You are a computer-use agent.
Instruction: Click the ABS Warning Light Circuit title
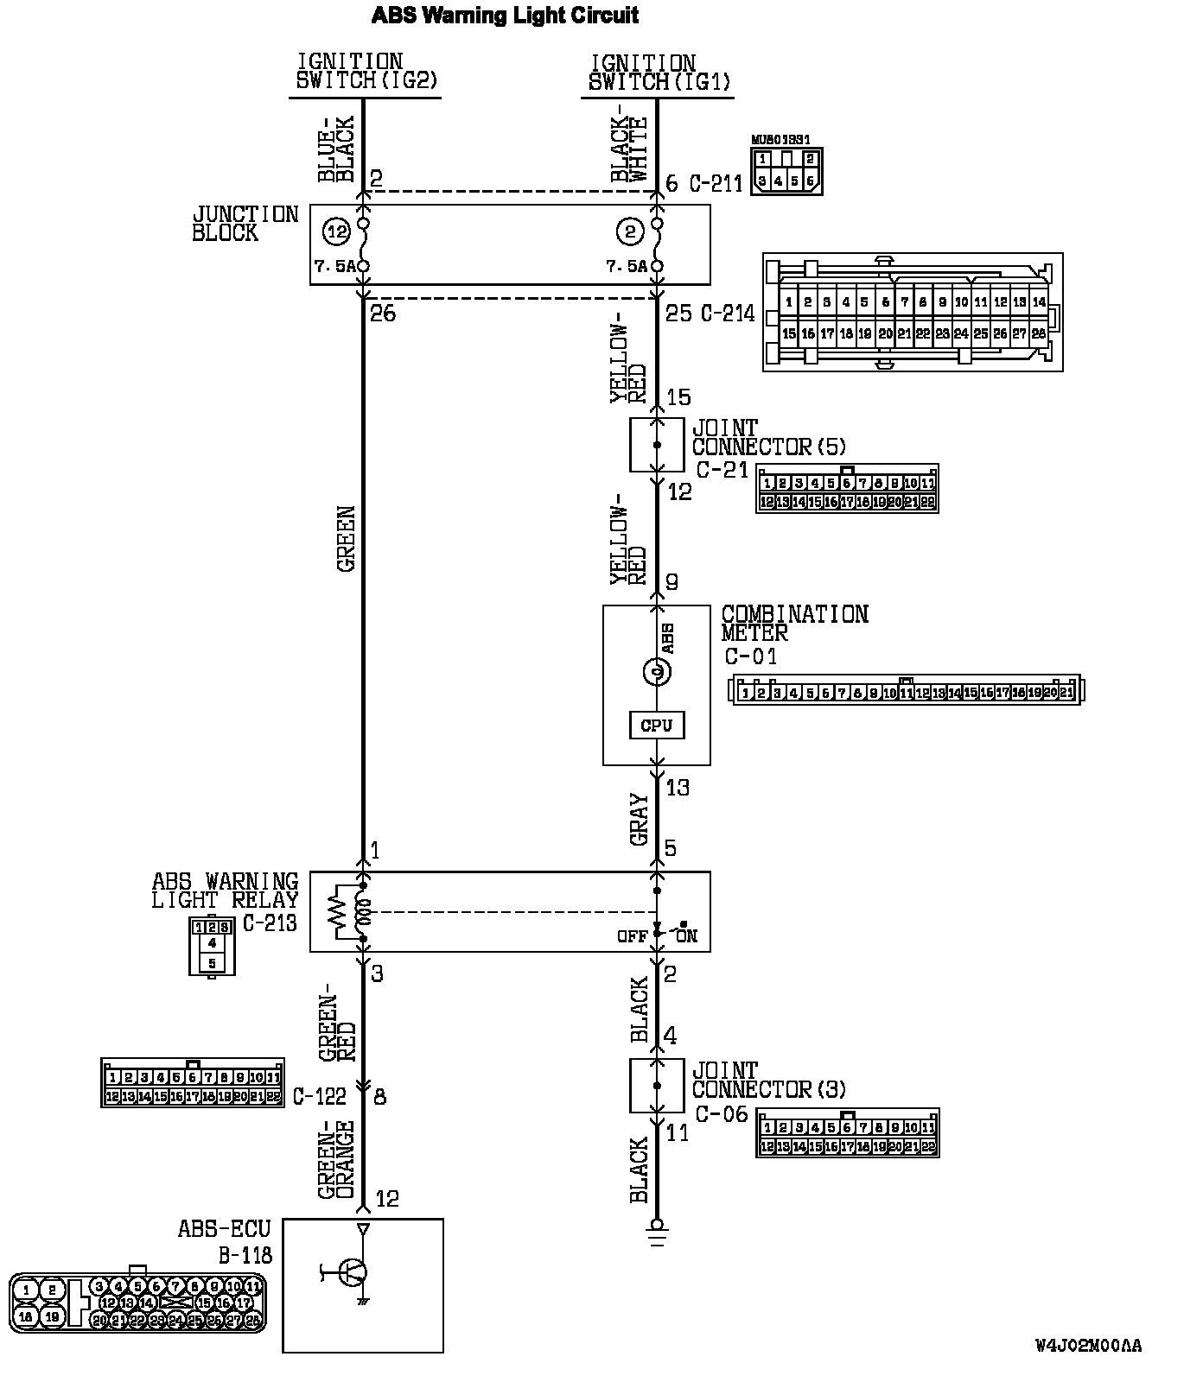click(505, 15)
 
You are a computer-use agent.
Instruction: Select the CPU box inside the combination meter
click(656, 725)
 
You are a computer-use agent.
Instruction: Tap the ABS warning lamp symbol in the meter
click(656, 671)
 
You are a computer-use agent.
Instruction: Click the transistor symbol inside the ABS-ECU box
click(353, 1271)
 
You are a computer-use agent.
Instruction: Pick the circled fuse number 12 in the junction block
click(336, 231)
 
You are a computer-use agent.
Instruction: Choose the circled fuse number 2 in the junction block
click(630, 231)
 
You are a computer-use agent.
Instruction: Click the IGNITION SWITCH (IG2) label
click(366, 72)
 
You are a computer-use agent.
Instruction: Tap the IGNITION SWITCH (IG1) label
click(659, 73)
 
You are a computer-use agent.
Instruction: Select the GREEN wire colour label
click(347, 538)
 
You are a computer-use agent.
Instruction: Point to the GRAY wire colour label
click(640, 819)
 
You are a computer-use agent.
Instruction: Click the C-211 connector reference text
click(716, 184)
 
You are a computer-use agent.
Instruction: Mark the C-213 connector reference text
click(269, 922)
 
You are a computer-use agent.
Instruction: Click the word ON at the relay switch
click(687, 936)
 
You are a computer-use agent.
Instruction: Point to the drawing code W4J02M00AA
click(1088, 1346)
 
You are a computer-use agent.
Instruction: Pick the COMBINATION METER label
click(794, 623)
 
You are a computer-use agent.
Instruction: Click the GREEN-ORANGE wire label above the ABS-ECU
click(336, 1159)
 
